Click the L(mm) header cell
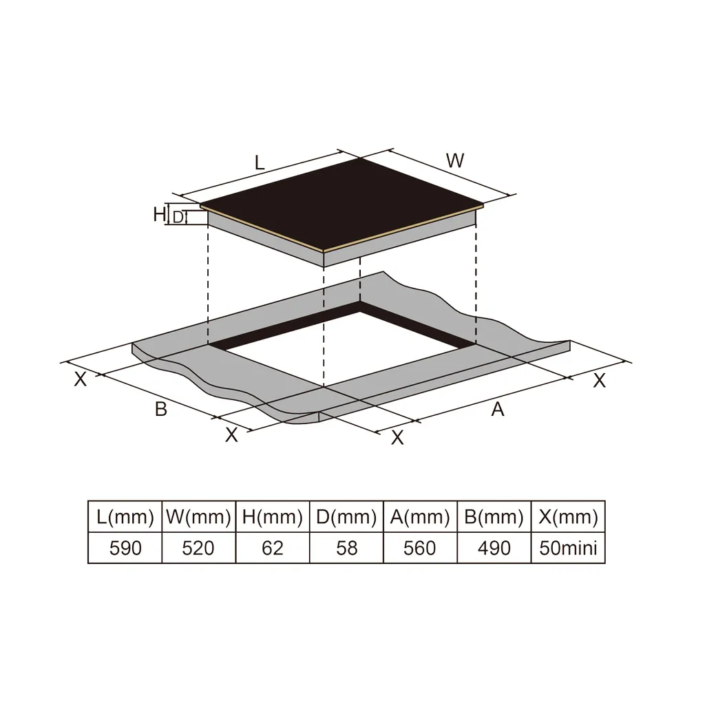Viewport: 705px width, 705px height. click(x=125, y=516)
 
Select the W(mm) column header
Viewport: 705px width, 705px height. click(x=199, y=516)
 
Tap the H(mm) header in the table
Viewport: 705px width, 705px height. click(x=273, y=516)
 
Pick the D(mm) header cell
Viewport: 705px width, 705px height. click(x=346, y=516)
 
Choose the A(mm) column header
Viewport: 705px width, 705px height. click(x=420, y=516)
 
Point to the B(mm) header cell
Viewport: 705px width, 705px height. click(x=494, y=516)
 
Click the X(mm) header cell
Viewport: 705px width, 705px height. click(x=568, y=516)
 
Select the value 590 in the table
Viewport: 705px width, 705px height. click(x=125, y=548)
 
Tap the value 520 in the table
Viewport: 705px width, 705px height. click(x=199, y=548)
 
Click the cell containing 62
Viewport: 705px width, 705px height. click(x=273, y=548)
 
